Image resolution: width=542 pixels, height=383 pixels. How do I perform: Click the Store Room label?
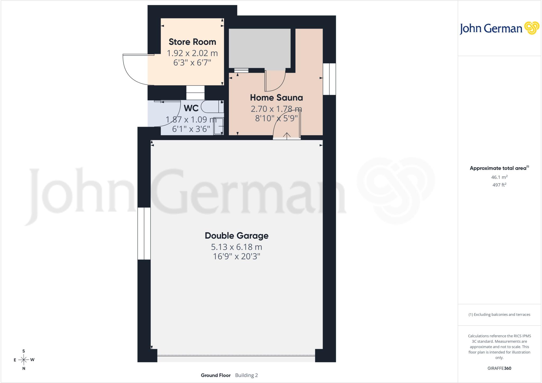point(192,42)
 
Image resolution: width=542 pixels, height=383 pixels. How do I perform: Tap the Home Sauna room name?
point(276,97)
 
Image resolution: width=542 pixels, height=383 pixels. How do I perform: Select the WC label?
point(191,108)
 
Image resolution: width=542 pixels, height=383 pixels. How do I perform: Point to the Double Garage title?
point(237,235)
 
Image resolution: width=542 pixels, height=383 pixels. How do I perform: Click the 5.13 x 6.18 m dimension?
point(237,247)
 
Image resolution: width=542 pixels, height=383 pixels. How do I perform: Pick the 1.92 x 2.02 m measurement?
point(192,53)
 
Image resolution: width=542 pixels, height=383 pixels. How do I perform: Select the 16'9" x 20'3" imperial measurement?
point(237,256)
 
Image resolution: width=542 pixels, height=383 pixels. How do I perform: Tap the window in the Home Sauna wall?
point(329,79)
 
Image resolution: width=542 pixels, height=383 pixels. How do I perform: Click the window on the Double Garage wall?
point(144,233)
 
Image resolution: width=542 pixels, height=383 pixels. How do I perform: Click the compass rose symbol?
point(24,360)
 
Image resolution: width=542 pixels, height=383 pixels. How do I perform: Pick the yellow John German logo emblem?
point(532,28)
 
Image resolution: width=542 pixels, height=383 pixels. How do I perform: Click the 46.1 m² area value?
point(499,177)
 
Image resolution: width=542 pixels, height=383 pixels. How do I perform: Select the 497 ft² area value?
point(499,185)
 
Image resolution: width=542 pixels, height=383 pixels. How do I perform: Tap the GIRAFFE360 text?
point(499,368)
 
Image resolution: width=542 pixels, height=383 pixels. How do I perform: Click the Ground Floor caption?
point(216,375)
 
